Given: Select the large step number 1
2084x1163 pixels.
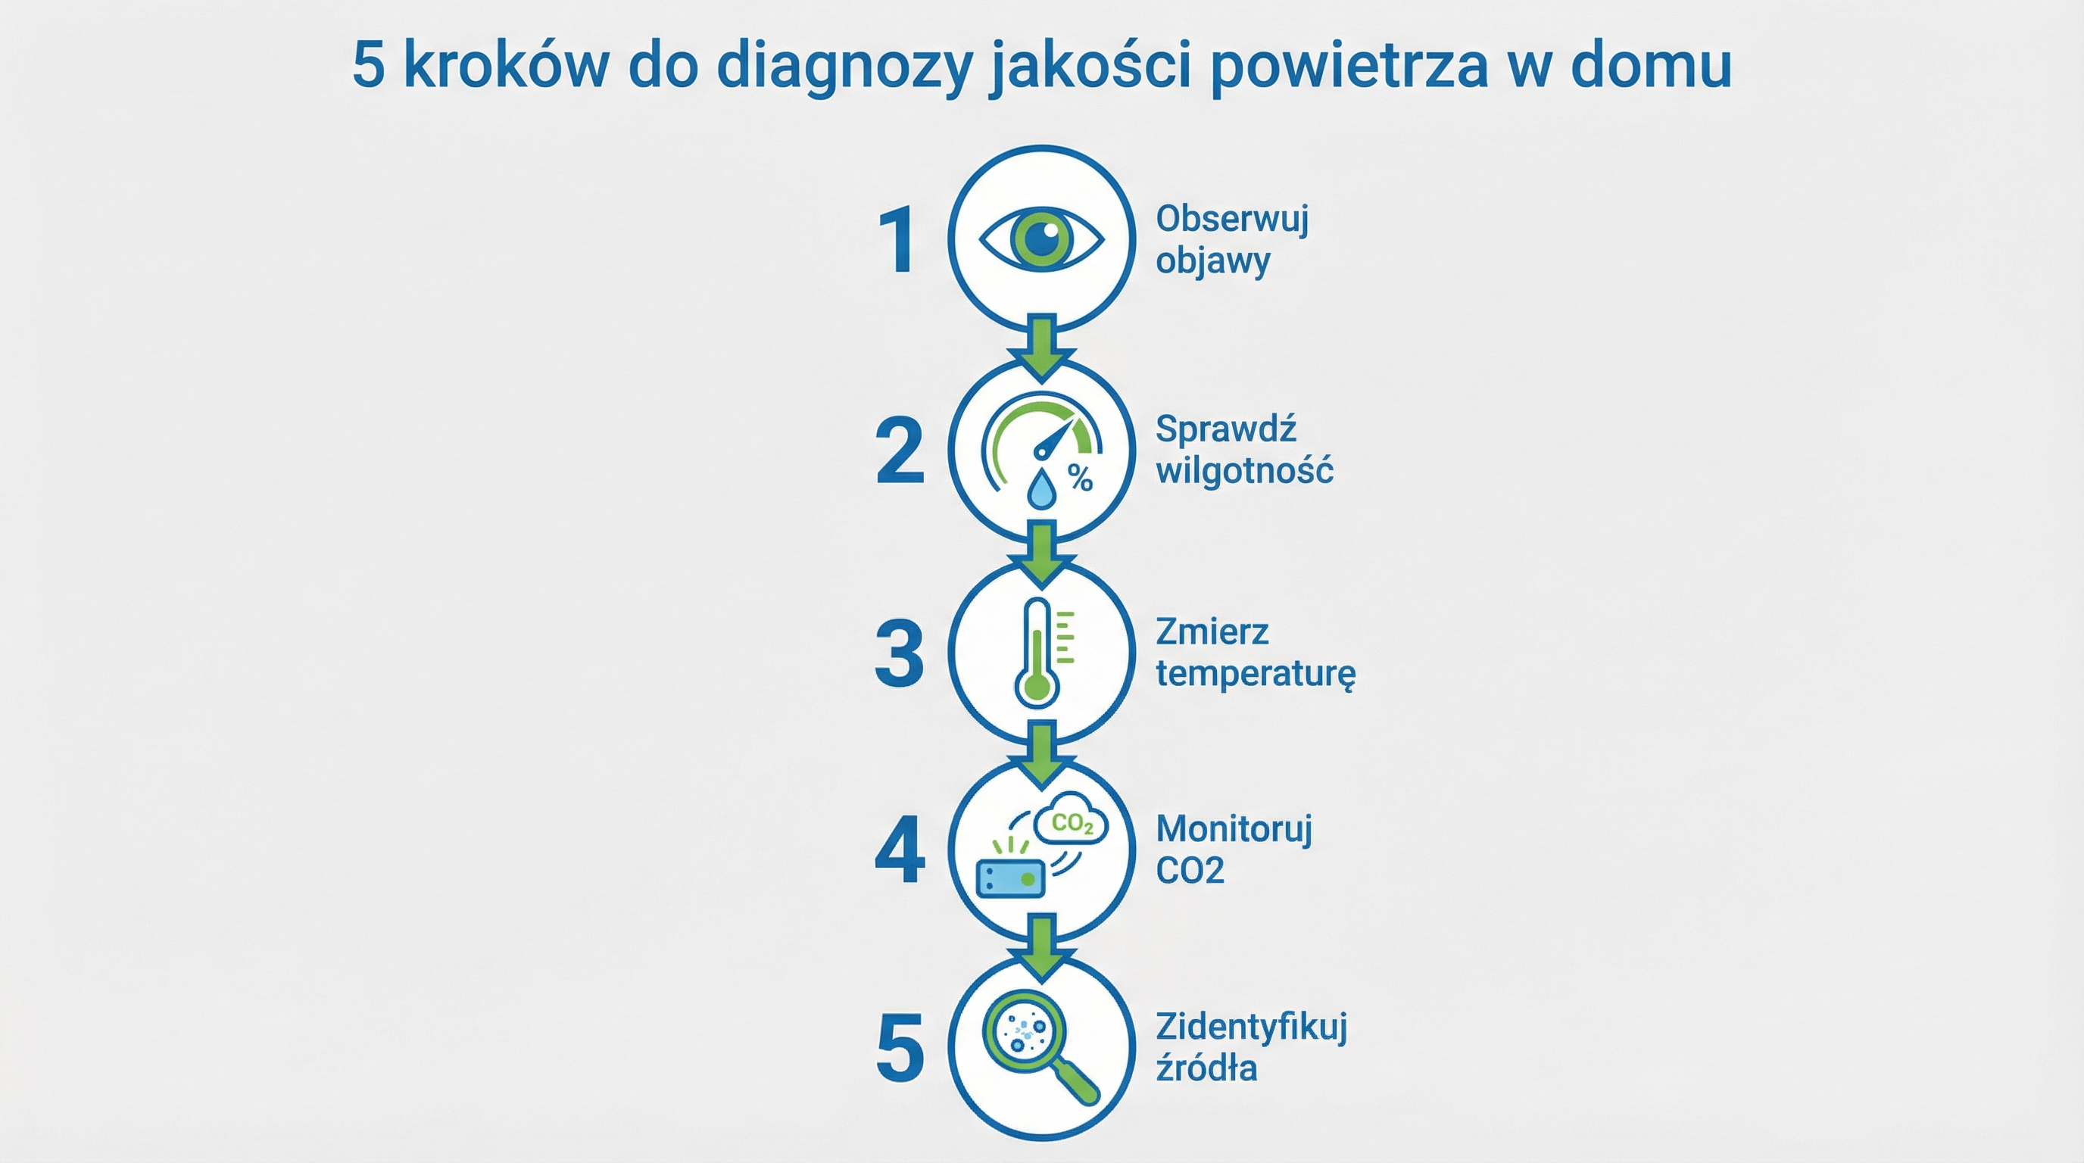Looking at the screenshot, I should [899, 240].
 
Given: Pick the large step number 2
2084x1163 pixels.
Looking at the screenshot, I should [899, 451].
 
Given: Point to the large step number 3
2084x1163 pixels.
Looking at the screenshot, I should [899, 653].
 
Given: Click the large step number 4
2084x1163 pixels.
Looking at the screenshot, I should [900, 850].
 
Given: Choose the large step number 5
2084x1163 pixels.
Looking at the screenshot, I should [900, 1049].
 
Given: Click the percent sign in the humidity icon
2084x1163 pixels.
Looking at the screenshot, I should [1080, 478].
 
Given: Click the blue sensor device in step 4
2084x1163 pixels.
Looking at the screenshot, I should [1010, 878].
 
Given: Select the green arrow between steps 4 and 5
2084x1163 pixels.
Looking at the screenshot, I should [1042, 945].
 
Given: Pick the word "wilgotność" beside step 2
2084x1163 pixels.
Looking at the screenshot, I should [1244, 470].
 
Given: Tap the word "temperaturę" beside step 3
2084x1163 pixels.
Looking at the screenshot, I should [1255, 673].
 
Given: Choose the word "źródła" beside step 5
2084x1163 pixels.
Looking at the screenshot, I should [1206, 1068].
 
